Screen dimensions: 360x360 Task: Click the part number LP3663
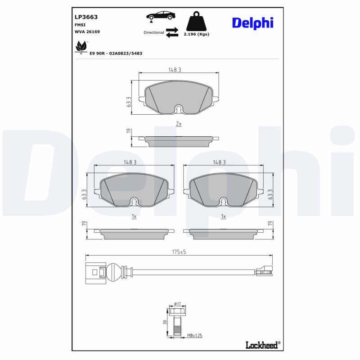point(86,17)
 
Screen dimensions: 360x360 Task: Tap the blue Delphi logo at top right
point(252,23)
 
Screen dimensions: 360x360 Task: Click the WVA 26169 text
point(87,32)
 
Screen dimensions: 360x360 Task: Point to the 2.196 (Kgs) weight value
point(197,34)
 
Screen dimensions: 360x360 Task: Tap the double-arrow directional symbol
point(172,32)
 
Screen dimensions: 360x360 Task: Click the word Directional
point(154,32)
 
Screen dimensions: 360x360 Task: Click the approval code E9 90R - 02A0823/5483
point(116,53)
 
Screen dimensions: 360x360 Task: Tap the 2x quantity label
point(178,123)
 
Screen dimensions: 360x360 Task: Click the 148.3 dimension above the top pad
point(178,70)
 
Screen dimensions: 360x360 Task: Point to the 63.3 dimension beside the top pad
point(129,102)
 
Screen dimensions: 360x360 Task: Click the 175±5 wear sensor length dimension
point(178,252)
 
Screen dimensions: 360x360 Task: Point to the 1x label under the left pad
point(134,216)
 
